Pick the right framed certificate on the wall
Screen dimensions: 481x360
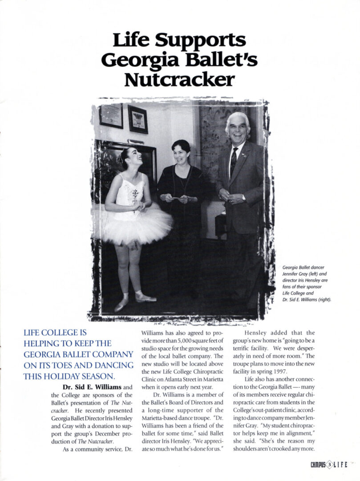click(138, 119)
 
